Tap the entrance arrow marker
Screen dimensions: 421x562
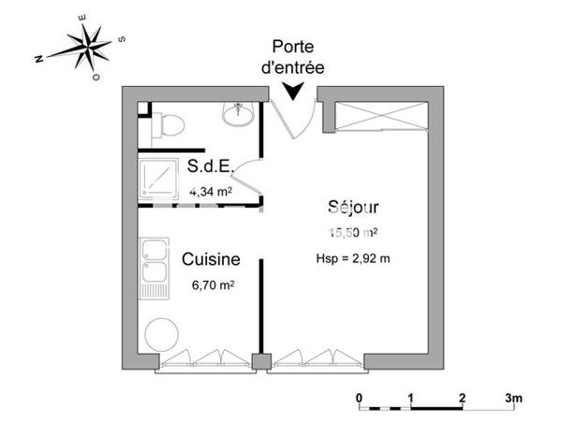293,90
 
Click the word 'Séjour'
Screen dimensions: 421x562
353,207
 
